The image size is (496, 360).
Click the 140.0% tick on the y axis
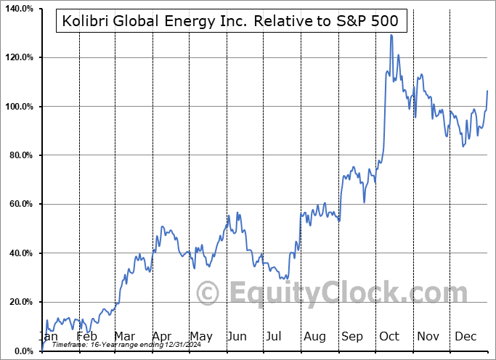coord(17,8)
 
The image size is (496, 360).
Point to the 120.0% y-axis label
coord(17,57)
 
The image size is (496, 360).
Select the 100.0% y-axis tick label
coord(17,107)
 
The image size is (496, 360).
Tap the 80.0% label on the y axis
coord(19,155)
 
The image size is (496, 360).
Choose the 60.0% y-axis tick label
coord(19,205)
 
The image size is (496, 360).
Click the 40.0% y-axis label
coord(19,253)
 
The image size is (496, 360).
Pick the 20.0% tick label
coord(19,303)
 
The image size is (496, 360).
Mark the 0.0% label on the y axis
coord(21,351)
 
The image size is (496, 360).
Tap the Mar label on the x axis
coord(124,337)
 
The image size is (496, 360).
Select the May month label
coord(200,337)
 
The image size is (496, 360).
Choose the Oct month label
coord(389,337)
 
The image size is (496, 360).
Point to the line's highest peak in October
coord(391,35)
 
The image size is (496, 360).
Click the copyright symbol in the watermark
coord(209,293)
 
